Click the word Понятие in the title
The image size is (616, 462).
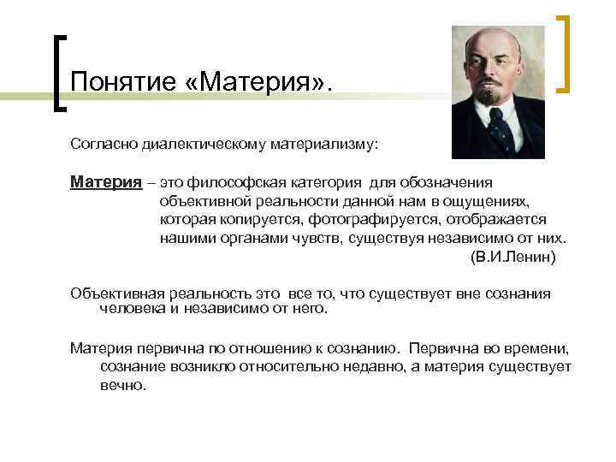(x=121, y=82)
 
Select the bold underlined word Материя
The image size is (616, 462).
(x=106, y=181)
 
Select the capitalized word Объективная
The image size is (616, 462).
(x=114, y=293)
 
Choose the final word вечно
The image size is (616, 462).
(x=123, y=385)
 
